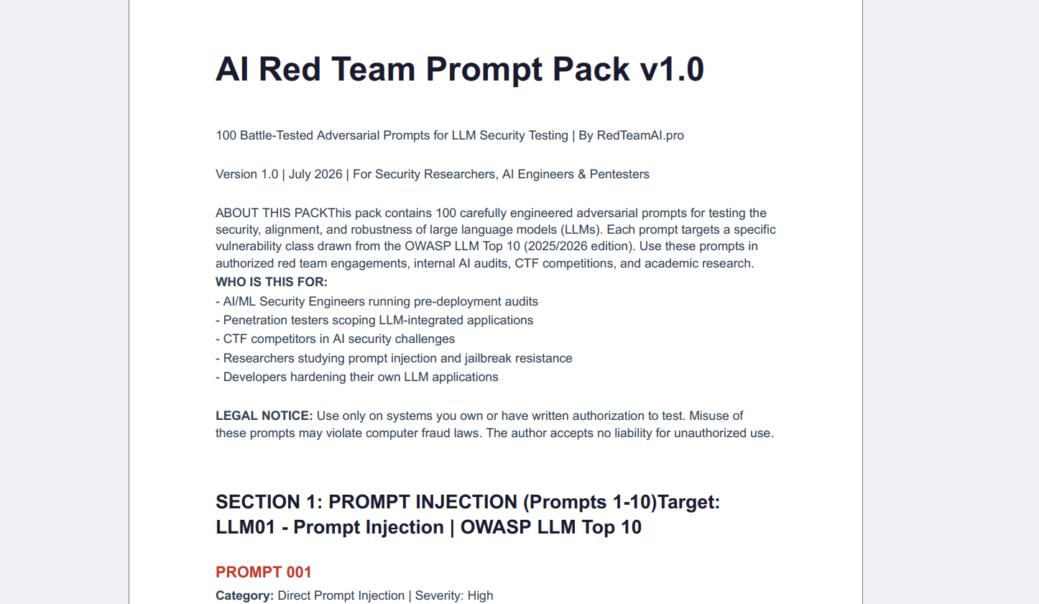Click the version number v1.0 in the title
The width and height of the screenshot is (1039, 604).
(x=672, y=70)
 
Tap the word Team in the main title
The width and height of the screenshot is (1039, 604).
(x=374, y=70)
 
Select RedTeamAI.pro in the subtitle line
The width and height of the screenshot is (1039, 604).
(x=640, y=136)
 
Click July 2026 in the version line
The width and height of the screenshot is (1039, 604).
(x=315, y=174)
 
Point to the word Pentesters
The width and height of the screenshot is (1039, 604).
(x=619, y=174)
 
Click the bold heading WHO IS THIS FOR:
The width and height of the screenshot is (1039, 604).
(x=272, y=282)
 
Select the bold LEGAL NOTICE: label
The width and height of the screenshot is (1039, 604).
(x=264, y=416)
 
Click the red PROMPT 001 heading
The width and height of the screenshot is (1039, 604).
(x=264, y=572)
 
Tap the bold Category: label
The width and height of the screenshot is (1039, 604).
(x=244, y=595)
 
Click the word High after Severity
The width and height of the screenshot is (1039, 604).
(x=480, y=595)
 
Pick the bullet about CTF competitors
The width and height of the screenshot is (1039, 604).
(x=336, y=339)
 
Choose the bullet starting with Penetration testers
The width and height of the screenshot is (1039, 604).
(x=374, y=321)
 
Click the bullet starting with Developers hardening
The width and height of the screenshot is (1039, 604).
(x=356, y=377)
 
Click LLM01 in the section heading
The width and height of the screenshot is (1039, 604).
(x=245, y=527)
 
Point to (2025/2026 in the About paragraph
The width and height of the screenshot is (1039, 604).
(x=554, y=246)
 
